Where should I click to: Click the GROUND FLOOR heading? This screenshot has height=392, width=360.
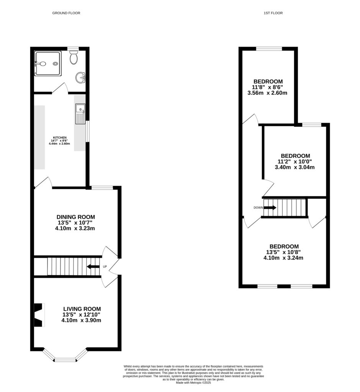66,13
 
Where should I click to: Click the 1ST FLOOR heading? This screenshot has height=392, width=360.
273,13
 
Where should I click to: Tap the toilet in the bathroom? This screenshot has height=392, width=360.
74,58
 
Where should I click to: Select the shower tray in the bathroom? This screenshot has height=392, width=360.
47,64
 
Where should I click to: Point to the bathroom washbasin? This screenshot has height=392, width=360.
81,78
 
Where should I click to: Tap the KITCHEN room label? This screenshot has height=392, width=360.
60,137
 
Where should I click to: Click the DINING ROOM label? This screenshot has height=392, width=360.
75,217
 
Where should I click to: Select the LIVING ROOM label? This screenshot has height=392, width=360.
82,309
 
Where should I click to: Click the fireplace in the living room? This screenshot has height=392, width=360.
39,315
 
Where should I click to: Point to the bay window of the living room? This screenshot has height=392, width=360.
65,359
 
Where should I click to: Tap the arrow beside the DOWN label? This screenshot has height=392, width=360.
270,207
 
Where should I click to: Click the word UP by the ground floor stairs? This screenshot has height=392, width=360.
104,267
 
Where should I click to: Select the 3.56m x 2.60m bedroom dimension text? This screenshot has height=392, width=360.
268,93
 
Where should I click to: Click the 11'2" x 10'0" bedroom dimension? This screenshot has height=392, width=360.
295,162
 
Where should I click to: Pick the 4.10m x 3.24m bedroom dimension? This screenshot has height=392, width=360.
283,258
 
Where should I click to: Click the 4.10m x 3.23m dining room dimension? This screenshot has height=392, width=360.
75,229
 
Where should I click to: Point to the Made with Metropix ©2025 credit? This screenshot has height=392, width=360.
193,382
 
